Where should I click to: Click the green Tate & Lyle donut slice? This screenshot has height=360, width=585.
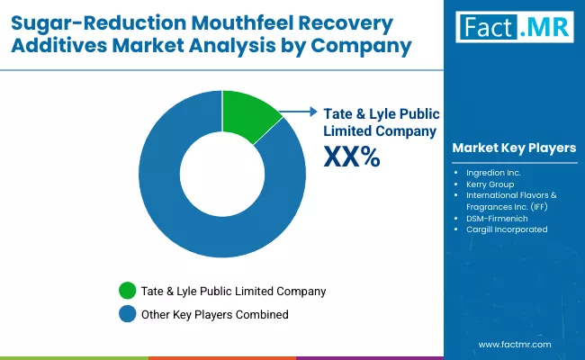pos(249,116)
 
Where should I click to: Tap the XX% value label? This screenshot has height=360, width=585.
pos(351,158)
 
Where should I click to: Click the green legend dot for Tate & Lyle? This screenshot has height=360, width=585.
pos(126,291)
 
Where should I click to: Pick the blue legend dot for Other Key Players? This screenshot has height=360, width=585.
pos(126,314)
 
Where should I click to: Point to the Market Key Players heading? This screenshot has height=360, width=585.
pos(514,148)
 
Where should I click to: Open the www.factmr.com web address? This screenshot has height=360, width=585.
pos(514,344)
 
